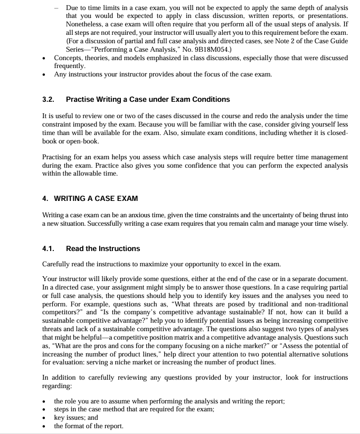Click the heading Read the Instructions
(103, 248)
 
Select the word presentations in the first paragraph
(325, 16)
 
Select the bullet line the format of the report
(89, 426)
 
